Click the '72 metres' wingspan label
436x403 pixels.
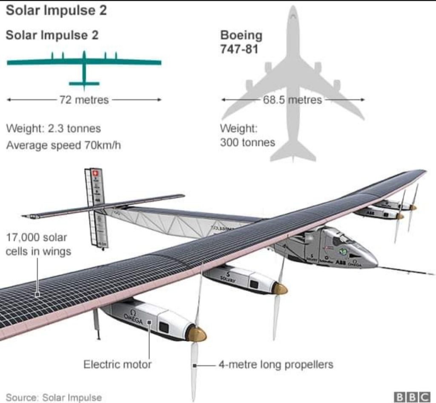[x=84, y=100]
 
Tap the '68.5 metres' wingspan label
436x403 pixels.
[x=292, y=100]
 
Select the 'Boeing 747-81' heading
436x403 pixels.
[x=241, y=42]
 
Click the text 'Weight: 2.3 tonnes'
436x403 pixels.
[x=53, y=128]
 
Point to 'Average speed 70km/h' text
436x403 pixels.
[x=63, y=146]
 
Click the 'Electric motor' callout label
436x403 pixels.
[x=117, y=364]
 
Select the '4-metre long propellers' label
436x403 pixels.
[x=275, y=365]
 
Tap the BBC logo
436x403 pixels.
[x=412, y=397]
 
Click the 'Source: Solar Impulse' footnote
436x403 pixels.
[x=54, y=397]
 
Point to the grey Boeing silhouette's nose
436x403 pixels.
[x=293, y=11]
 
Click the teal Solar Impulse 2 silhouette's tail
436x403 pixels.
[x=84, y=83]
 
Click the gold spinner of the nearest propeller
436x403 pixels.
[x=197, y=334]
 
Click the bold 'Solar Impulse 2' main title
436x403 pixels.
[x=56, y=10]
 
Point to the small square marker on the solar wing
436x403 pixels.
[x=37, y=294]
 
